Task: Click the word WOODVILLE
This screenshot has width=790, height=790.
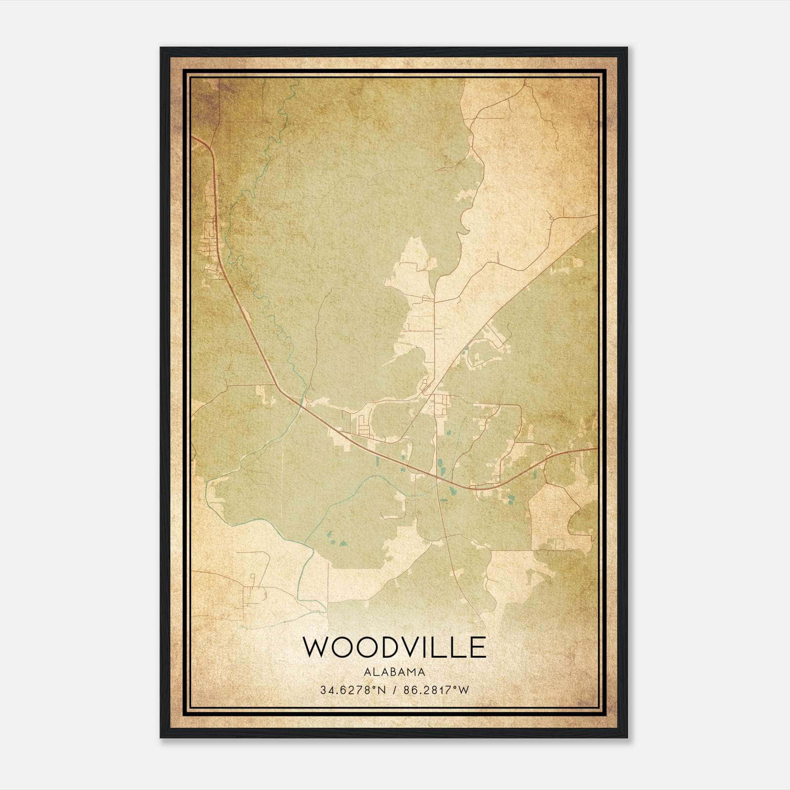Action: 394,647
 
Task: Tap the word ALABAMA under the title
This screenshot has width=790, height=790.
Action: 394,672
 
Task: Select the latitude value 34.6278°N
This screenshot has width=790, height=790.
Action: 351,690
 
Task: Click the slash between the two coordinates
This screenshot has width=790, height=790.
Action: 394,690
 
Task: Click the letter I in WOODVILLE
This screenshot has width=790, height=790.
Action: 432,647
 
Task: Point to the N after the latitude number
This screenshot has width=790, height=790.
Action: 381,690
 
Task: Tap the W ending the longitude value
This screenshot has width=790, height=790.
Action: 464,690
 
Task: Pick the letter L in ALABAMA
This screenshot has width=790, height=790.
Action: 378,672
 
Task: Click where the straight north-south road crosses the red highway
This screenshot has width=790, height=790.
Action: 437,477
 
